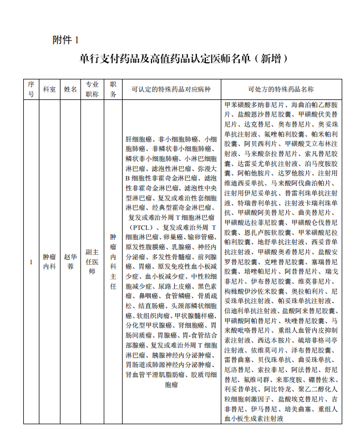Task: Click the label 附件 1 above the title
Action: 66,40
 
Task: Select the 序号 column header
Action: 31,89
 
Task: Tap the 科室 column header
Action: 49,89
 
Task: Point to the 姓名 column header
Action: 70,89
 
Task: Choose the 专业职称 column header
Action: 92,89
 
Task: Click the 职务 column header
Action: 113,89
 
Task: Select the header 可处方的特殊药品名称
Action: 281,89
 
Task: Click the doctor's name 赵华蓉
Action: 70,262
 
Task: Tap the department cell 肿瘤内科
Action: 49,262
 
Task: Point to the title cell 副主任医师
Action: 92,262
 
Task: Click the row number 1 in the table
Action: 31,262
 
